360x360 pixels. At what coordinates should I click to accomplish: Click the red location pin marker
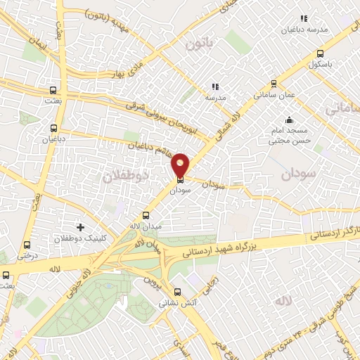click(181, 165)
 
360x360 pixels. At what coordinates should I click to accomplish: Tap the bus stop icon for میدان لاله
click(146, 215)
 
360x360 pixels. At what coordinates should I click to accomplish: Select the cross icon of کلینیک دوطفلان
click(80, 228)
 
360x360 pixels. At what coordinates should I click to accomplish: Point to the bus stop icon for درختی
click(27, 245)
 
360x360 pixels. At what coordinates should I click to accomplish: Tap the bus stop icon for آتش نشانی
click(176, 292)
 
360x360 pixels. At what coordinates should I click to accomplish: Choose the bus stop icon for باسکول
click(321, 53)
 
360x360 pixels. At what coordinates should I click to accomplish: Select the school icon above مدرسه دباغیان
click(304, 18)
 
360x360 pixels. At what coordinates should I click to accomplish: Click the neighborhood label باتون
click(198, 45)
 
